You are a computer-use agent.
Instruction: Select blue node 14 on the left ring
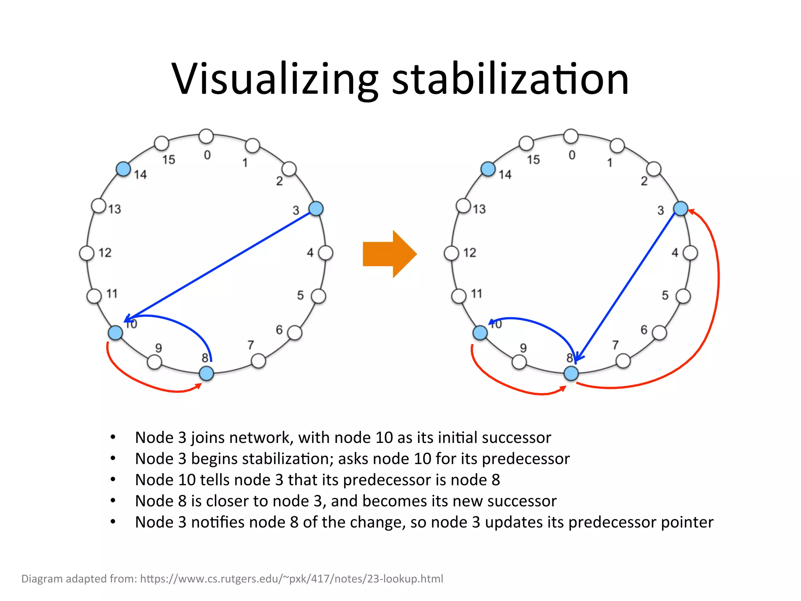pos(124,169)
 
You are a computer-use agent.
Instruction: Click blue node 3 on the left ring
pos(316,209)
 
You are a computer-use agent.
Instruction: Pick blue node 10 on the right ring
pos(480,333)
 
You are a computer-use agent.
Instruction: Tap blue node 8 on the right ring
pos(571,373)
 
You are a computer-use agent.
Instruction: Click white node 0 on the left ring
pos(206,136)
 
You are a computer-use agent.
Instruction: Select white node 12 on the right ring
pos(451,253)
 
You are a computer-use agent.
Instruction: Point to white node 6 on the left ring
pos(295,333)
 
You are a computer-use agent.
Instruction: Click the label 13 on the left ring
pos(115,209)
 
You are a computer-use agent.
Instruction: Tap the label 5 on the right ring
pos(665,295)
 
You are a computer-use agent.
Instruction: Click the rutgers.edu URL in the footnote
pos(291,579)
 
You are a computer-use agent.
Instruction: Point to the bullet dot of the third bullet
pos(113,479)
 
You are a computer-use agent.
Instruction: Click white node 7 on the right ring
pos(623,361)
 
